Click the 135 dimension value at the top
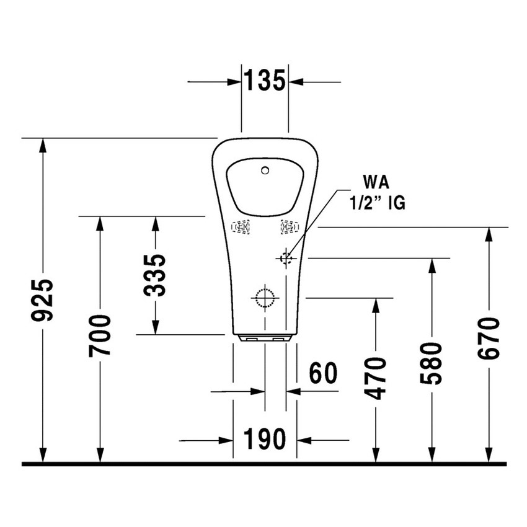click(x=264, y=81)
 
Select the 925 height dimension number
click(x=43, y=301)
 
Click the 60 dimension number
click(x=323, y=373)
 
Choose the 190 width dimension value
click(x=265, y=440)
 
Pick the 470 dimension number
click(x=376, y=378)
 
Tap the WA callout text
click(x=376, y=182)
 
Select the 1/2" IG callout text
click(x=377, y=203)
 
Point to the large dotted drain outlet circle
click(x=265, y=298)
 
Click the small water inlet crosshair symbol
click(x=286, y=257)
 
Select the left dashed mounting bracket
click(x=241, y=228)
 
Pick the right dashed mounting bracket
click(x=289, y=227)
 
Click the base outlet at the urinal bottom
click(x=265, y=338)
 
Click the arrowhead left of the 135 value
click(x=234, y=82)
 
